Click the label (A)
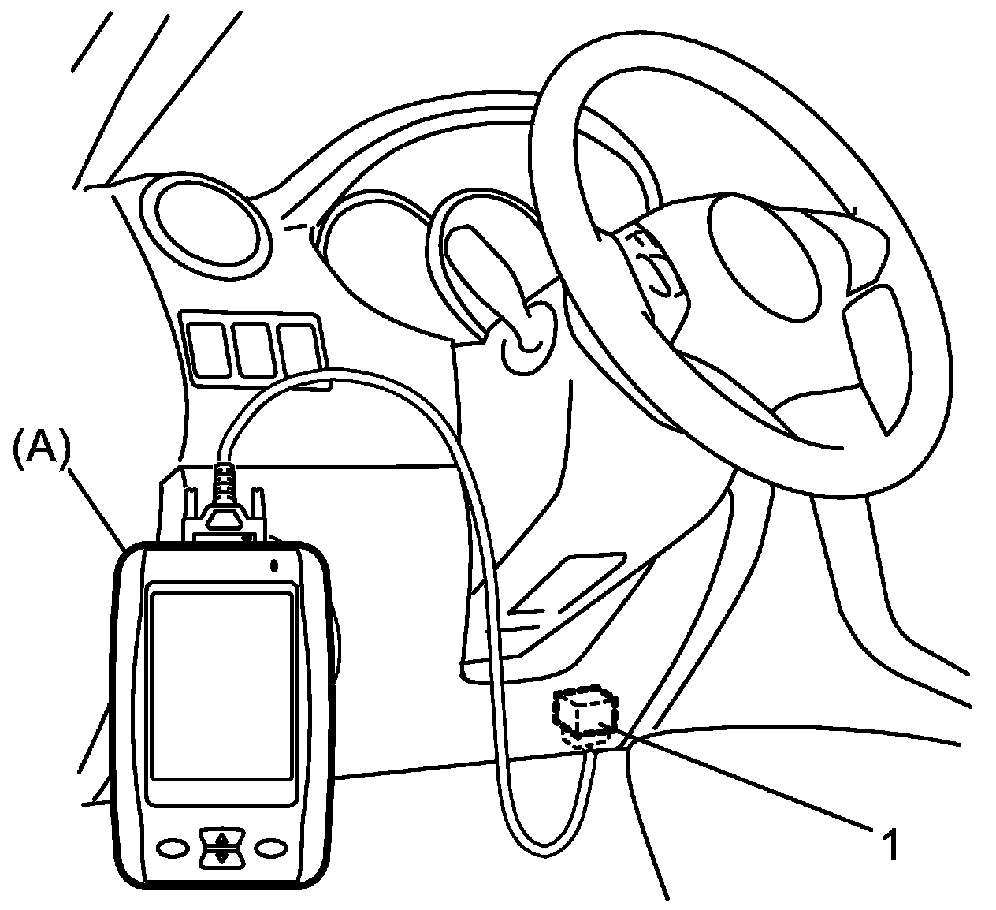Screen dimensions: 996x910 [42, 449]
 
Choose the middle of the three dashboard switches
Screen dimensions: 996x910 [251, 348]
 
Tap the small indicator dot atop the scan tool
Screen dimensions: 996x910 [273, 565]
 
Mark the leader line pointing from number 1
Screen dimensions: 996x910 [749, 780]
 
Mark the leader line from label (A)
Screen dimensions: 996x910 [98, 509]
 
